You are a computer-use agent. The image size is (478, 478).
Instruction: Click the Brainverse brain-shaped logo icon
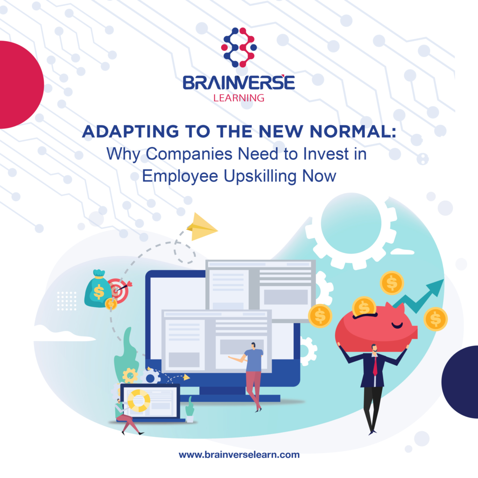(x=239, y=47)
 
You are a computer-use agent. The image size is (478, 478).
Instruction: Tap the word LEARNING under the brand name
(x=239, y=98)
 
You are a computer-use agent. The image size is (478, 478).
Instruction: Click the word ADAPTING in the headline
(x=131, y=131)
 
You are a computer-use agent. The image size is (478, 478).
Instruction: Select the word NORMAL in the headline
(x=353, y=131)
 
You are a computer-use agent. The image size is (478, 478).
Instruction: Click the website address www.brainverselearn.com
(x=239, y=455)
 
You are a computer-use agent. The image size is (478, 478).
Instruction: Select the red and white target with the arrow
(x=118, y=291)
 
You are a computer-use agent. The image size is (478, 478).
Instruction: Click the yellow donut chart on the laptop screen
(x=139, y=400)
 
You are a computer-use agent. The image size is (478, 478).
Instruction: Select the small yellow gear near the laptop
(x=130, y=375)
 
